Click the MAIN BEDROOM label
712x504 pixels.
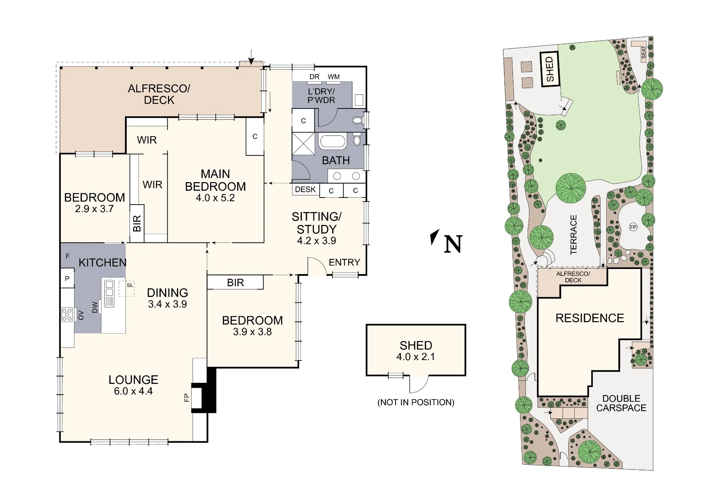(215, 180)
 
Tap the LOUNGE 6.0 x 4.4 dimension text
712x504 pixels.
(133, 391)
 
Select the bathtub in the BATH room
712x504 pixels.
(333, 142)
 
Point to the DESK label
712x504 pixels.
(305, 189)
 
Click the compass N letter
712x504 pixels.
(453, 244)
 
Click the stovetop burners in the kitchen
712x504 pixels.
(67, 314)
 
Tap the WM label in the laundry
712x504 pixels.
(334, 77)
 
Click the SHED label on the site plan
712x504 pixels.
(550, 69)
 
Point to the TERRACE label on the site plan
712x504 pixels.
(573, 235)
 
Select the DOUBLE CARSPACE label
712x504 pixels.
(621, 403)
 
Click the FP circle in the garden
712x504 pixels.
(633, 227)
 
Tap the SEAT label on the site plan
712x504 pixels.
(643, 52)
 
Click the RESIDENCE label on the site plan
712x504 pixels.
(590, 318)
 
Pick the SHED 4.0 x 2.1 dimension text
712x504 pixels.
(416, 357)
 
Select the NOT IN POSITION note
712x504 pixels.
(416, 402)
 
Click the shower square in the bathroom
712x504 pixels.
(303, 144)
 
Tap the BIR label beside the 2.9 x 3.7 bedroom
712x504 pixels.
(137, 223)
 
